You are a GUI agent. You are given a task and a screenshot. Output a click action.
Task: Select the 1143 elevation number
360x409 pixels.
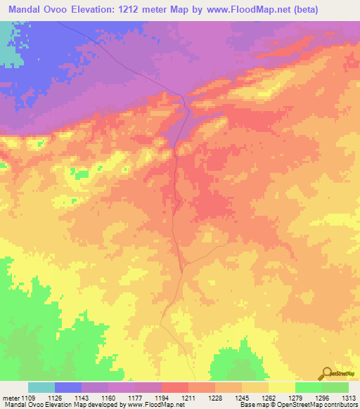coord(82,398)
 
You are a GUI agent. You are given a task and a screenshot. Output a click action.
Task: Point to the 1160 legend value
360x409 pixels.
coord(108,398)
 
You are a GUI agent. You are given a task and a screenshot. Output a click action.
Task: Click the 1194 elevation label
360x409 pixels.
coord(162,398)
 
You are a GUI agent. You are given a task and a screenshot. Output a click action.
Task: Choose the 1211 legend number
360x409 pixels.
coord(188,398)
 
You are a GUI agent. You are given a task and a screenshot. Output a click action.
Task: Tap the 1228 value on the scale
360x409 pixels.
coord(215,398)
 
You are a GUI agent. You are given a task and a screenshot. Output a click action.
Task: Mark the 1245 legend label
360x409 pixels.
coord(242,398)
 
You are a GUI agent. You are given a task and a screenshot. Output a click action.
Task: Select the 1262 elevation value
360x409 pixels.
coord(269,398)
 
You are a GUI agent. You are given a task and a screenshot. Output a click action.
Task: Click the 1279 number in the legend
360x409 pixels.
coord(295,398)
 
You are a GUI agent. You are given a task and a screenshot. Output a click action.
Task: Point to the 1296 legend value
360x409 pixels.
coord(322,398)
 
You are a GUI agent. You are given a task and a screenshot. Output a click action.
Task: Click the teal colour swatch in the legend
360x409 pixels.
coord(41,387)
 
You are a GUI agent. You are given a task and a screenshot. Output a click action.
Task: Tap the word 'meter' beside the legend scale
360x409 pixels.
coord(8,398)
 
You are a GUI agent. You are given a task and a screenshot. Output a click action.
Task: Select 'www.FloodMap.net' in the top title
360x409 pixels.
coord(228,10)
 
